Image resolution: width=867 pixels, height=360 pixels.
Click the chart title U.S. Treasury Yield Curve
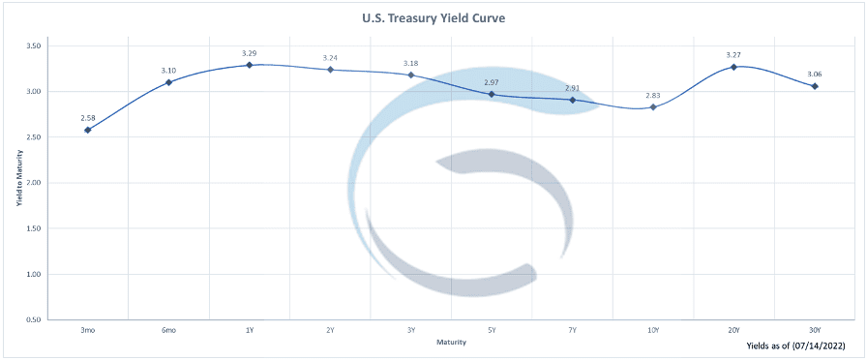[x=433, y=18]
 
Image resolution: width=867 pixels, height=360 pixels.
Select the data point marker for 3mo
[x=87, y=130]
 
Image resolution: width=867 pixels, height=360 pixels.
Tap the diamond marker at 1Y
[x=250, y=65]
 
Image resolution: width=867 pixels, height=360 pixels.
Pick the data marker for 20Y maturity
[x=733, y=67]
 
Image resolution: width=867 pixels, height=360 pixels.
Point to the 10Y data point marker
[x=653, y=106]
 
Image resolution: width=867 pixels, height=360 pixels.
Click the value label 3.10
[x=168, y=71]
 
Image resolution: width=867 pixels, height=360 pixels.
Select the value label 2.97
[x=492, y=82]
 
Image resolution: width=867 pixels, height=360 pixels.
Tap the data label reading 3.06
[x=815, y=75]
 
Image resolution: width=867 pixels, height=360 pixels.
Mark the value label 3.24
[x=330, y=57]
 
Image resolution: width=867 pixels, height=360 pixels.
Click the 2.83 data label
[x=653, y=95]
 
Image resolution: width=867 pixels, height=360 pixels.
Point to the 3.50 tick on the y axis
[x=34, y=45]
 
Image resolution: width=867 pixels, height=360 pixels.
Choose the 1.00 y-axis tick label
[x=34, y=274]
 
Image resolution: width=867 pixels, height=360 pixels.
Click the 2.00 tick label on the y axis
[x=34, y=183]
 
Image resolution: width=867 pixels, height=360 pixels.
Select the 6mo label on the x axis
[x=168, y=330]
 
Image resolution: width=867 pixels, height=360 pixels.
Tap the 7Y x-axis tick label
[x=572, y=330]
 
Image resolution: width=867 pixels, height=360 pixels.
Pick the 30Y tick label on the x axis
[x=815, y=330]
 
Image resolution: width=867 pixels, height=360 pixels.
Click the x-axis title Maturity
[x=451, y=343]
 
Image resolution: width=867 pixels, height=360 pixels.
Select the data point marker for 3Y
[x=411, y=75]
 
